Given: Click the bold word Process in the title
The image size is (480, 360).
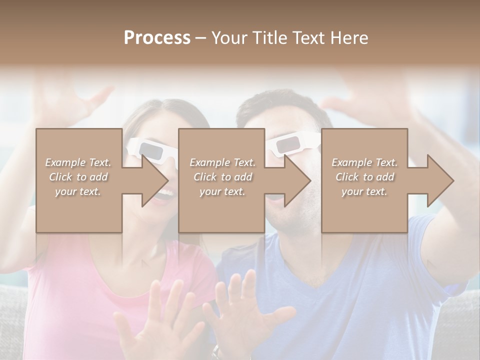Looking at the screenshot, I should [157, 38].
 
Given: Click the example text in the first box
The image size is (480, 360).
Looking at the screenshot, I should [78, 177].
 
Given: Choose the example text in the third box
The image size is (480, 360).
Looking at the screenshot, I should [364, 177].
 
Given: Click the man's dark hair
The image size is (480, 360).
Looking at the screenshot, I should [280, 102].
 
